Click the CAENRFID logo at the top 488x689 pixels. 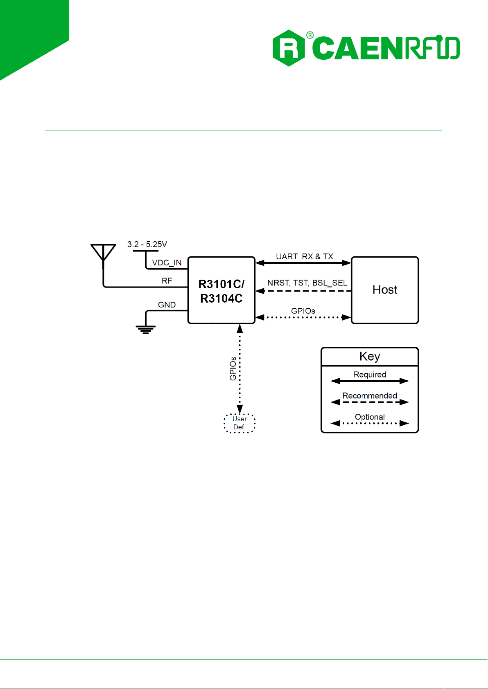(x=366, y=48)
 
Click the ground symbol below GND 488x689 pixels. (x=146, y=329)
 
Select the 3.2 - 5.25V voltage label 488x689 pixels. (x=147, y=244)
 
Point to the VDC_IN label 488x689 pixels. (x=167, y=263)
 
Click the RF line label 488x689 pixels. (x=167, y=281)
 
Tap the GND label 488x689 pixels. (x=167, y=305)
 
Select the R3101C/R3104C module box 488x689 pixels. (x=221, y=290)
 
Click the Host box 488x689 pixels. (x=385, y=290)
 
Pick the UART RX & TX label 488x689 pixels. (x=304, y=256)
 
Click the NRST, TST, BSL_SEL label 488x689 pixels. (x=307, y=283)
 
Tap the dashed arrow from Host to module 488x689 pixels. (x=303, y=291)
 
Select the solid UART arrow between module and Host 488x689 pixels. (x=303, y=263)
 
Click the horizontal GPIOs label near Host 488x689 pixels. (x=303, y=311)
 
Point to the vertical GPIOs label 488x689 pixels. (x=233, y=369)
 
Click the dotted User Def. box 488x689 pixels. (x=239, y=423)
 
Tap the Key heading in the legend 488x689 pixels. (x=370, y=356)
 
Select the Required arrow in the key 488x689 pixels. (x=370, y=381)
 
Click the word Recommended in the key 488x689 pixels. (x=370, y=395)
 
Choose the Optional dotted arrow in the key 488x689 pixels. (x=370, y=423)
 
